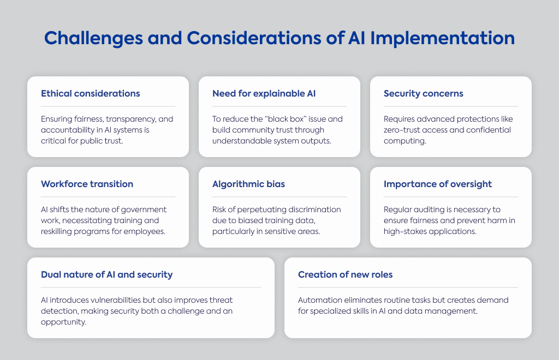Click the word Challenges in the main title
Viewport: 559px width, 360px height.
click(x=93, y=39)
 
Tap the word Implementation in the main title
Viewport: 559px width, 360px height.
click(x=442, y=39)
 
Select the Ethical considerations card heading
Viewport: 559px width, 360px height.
click(x=91, y=93)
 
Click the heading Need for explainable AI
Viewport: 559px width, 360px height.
click(x=264, y=93)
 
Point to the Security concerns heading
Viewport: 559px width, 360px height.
click(x=424, y=94)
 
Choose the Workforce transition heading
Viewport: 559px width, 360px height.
click(x=87, y=184)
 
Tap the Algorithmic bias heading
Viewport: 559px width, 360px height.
click(x=248, y=184)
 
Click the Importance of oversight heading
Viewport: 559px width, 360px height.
click(x=438, y=184)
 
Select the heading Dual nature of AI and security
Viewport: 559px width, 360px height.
click(x=106, y=274)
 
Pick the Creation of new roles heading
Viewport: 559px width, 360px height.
click(x=345, y=274)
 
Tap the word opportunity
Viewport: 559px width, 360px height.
click(x=63, y=322)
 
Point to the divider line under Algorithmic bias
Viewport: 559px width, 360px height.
click(x=279, y=196)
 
